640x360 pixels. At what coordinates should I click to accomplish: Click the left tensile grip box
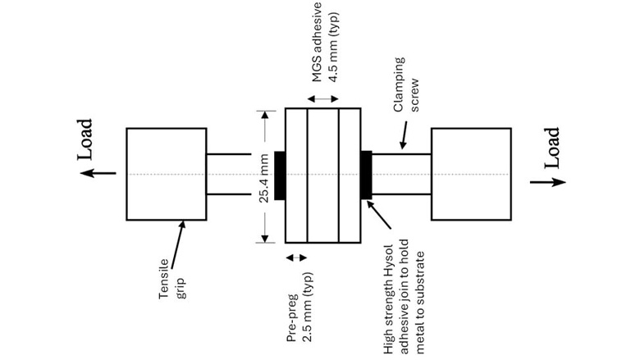click(x=165, y=174)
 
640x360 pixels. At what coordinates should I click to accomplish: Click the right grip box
click(x=470, y=174)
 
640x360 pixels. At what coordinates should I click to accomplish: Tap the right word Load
click(x=551, y=148)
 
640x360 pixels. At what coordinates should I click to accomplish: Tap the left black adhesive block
click(x=279, y=174)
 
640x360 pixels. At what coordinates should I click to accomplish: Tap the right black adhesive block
click(x=367, y=174)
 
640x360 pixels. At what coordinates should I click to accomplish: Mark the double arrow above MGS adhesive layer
click(x=322, y=98)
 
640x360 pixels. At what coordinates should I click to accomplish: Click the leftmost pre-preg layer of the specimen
click(x=295, y=174)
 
